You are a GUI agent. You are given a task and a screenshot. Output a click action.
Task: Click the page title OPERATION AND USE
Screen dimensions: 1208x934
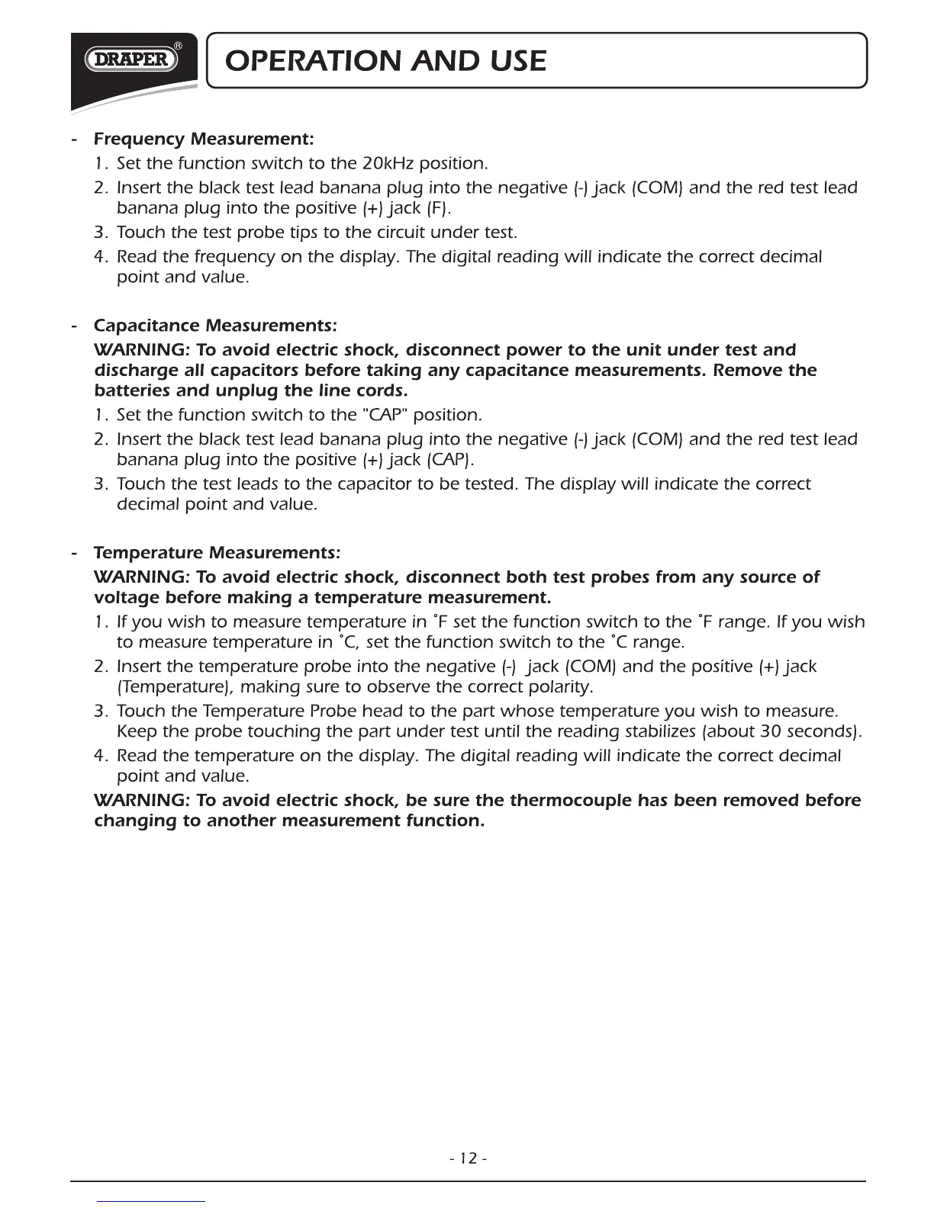(382, 60)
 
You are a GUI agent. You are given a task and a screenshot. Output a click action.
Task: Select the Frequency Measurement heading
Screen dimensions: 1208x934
(203, 140)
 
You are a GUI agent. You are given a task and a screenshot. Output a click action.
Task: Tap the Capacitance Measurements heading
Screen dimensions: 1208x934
(214, 326)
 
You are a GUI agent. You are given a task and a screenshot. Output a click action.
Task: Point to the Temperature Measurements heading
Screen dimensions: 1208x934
(217, 551)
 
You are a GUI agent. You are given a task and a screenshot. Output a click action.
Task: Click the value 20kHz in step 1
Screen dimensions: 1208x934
(379, 164)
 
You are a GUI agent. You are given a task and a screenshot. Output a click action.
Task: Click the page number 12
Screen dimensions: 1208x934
(469, 1158)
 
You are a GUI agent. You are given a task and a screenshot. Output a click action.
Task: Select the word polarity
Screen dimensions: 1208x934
(565, 688)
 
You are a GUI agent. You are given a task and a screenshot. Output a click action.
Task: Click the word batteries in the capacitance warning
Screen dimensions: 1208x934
(127, 392)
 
